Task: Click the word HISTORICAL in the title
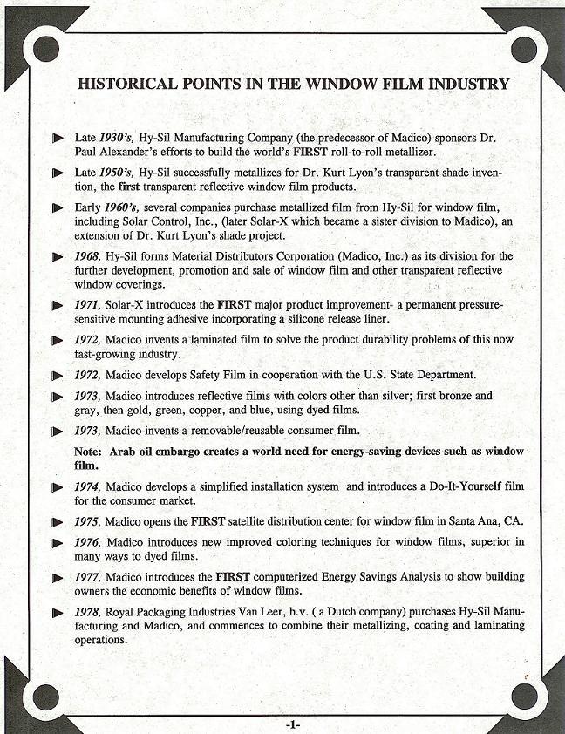pos(126,85)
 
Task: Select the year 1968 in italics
pos(88,256)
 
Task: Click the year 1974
pos(88,486)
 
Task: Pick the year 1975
pos(88,521)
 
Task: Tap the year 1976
pos(88,542)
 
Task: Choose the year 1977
pos(88,577)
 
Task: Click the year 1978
pos(88,612)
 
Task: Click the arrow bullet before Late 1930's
pos(58,138)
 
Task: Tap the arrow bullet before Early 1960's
pos(58,207)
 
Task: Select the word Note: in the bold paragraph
pos(90,452)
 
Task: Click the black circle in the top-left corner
pos(45,49)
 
